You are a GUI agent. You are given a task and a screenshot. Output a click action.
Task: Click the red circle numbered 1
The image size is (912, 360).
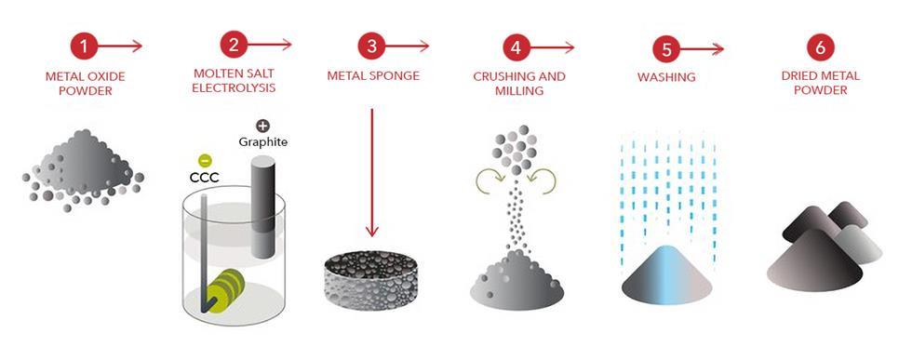point(85,45)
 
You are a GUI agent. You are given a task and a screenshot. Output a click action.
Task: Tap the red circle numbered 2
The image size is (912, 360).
point(234,45)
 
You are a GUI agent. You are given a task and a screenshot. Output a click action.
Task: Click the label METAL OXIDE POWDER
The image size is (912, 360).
point(84,82)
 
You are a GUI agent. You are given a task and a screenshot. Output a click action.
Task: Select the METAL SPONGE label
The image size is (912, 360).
point(372,75)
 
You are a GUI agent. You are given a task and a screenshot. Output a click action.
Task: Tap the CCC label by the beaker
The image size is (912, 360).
point(203,176)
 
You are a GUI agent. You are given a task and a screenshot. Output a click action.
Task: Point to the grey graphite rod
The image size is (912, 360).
point(262,201)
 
